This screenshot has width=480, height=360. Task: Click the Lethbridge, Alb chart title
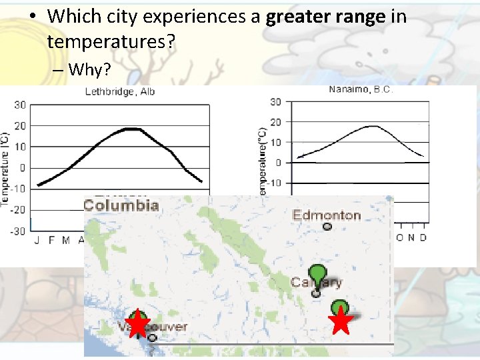pyautogui.click(x=119, y=91)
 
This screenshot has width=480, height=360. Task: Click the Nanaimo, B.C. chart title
pyautogui.click(x=361, y=89)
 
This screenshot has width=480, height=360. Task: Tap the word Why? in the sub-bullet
pyautogui.click(x=89, y=69)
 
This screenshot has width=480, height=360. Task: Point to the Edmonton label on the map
pyautogui.click(x=327, y=215)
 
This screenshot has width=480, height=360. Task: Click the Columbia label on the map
pyautogui.click(x=121, y=205)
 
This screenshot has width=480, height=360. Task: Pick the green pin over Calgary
pyautogui.click(x=319, y=273)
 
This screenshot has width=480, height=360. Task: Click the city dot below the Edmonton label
pyautogui.click(x=327, y=227)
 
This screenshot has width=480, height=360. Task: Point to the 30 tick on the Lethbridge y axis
pyautogui.click(x=20, y=105)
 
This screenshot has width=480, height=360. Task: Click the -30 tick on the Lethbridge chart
pyautogui.click(x=18, y=231)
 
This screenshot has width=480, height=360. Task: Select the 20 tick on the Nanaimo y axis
pyautogui.click(x=275, y=122)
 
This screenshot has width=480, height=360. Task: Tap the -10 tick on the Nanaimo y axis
pyautogui.click(x=273, y=183)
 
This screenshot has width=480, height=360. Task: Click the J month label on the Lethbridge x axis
pyautogui.click(x=37, y=240)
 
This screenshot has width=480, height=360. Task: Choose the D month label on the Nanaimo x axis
pyautogui.click(x=423, y=237)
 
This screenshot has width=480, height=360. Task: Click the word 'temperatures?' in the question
pyautogui.click(x=111, y=43)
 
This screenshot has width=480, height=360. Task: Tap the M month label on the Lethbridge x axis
pyautogui.click(x=66, y=240)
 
